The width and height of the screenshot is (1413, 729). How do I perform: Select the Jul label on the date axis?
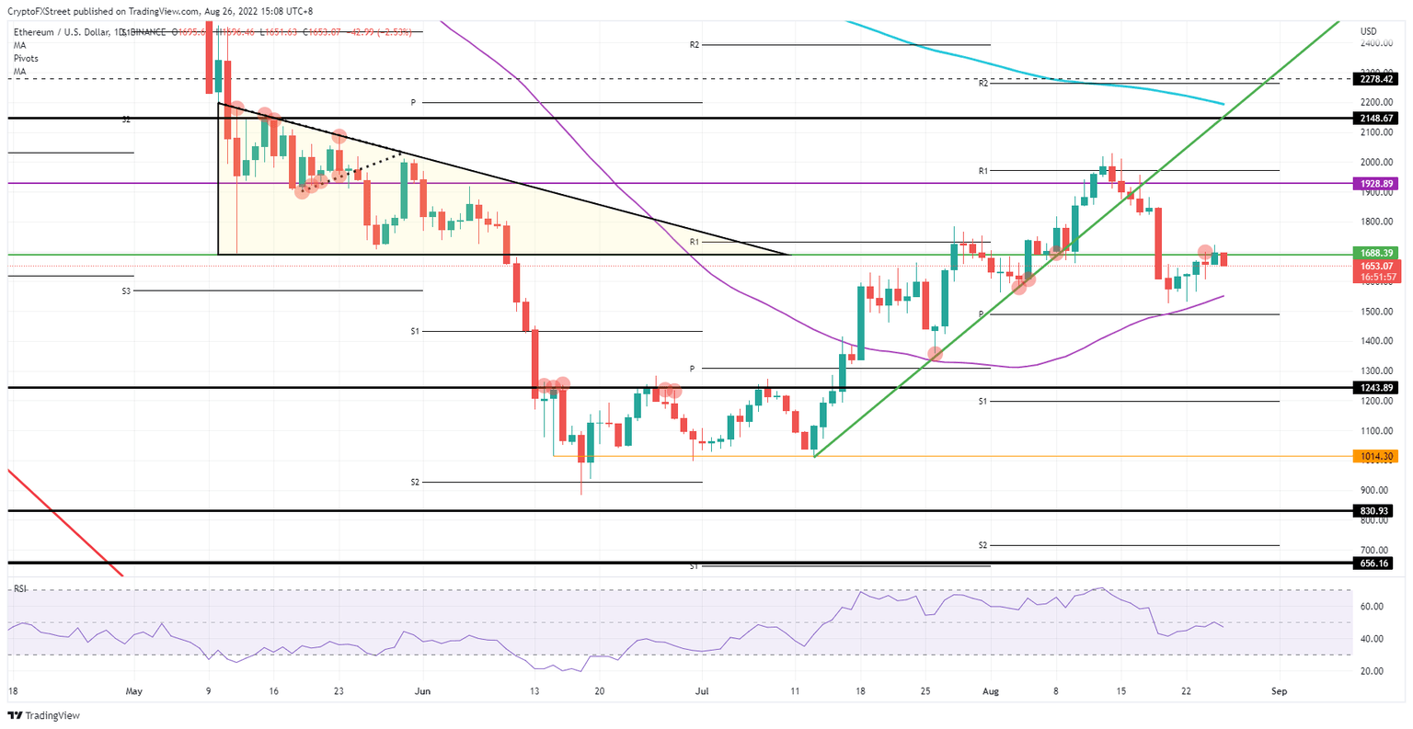(x=702, y=690)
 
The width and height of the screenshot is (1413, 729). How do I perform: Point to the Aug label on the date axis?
(x=990, y=690)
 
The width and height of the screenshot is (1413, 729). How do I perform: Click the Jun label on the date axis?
(x=422, y=690)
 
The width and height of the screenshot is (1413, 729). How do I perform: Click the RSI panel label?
(x=19, y=587)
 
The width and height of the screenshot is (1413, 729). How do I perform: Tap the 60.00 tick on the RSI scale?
(x=1373, y=607)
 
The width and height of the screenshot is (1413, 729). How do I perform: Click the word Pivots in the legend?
(x=25, y=58)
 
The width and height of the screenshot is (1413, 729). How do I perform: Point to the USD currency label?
(x=1368, y=31)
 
